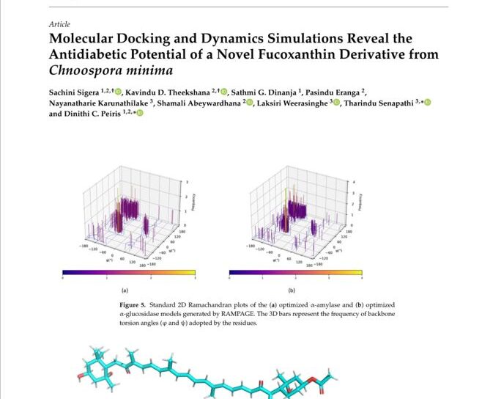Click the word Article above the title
click(x=59, y=23)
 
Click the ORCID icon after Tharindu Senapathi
click(x=428, y=103)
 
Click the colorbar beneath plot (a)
click(x=129, y=272)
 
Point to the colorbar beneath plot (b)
click(x=295, y=272)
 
